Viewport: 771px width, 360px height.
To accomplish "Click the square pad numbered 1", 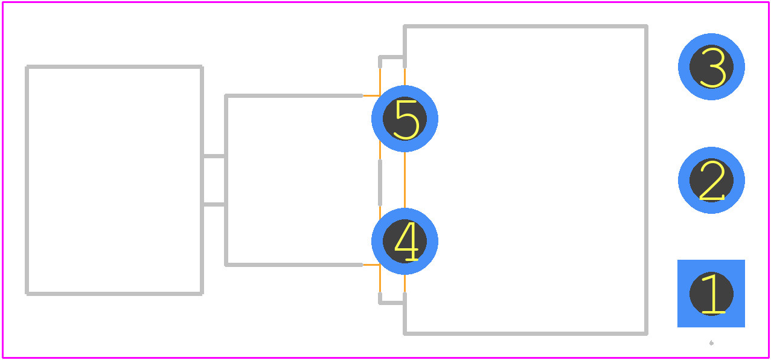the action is coord(711,294).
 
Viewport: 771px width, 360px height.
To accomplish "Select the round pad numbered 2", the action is coord(711,180).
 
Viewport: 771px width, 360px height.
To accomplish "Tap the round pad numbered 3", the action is coord(711,67).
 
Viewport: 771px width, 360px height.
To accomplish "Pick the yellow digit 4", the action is coord(406,241).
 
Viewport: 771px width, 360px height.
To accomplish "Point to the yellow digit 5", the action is coord(406,120).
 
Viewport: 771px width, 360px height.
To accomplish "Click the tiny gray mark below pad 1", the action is coord(711,342).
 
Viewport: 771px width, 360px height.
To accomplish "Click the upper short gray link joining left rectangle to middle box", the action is coord(214,156).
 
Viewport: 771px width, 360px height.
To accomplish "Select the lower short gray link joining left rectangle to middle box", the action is coord(214,205).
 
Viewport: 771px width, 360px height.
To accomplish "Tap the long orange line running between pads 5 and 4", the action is coord(405,180).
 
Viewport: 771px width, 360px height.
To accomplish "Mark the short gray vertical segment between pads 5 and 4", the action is coord(380,182).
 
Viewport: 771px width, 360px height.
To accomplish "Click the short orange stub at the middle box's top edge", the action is coord(371,96).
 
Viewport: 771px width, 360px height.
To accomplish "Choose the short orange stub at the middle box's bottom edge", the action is coord(371,265).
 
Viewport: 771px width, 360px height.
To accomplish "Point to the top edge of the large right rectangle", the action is coord(526,27).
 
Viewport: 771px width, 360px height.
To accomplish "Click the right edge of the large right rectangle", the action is coord(647,180).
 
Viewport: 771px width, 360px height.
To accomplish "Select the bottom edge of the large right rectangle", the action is coord(526,333).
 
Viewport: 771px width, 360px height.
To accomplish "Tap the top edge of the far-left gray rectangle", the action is coord(114,67).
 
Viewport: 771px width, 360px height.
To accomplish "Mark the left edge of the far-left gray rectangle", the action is coord(27,180).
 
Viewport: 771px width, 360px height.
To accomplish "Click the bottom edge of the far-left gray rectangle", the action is coord(114,294).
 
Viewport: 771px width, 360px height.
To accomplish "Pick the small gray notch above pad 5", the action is coord(392,57).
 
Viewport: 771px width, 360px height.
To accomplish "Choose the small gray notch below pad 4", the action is coord(392,303).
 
